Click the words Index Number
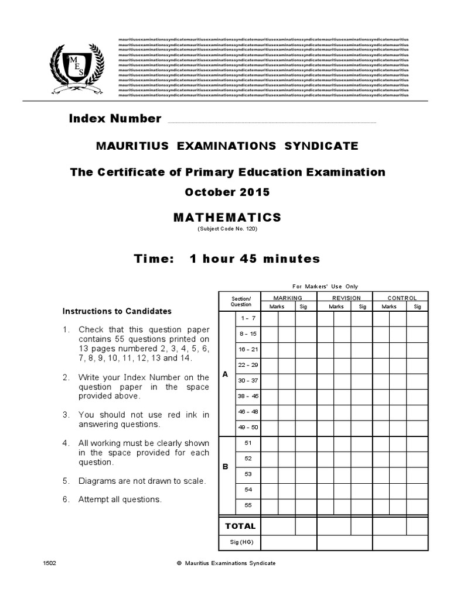[115, 119]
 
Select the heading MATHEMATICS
[227, 218]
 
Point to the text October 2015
[227, 192]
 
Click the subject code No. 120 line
[227, 229]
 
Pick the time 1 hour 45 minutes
[227, 259]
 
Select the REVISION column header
[346, 298]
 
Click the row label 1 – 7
[247, 318]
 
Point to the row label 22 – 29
[247, 365]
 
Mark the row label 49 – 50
[247, 428]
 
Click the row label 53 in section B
[248, 474]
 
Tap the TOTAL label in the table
[240, 526]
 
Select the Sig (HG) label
[240, 543]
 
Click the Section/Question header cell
[240, 301]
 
